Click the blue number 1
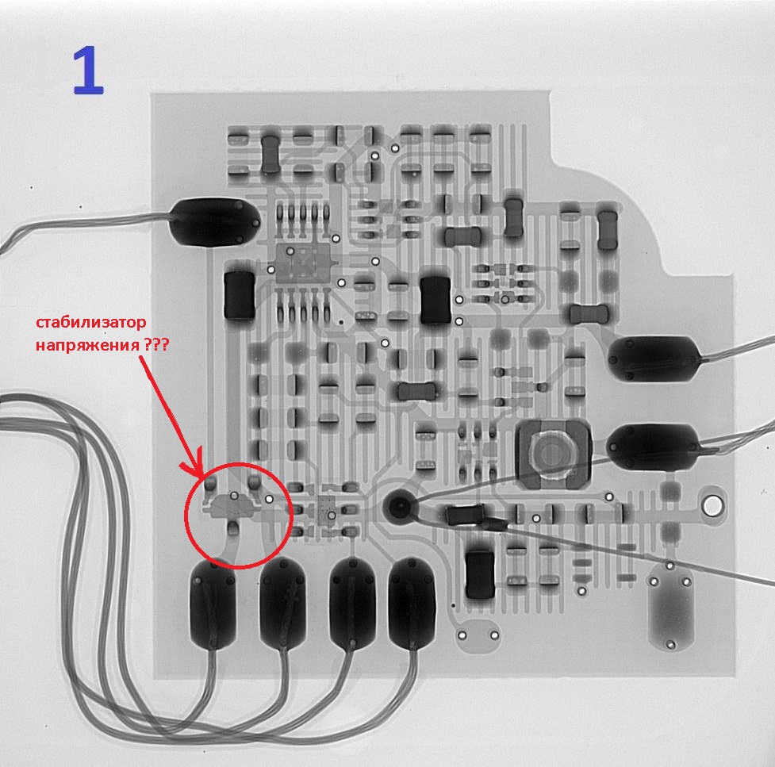pyautogui.click(x=87, y=71)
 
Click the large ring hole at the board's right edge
pyautogui.click(x=713, y=505)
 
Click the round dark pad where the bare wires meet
pyautogui.click(x=397, y=506)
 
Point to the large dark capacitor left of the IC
pyautogui.click(x=240, y=295)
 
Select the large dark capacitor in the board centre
pyautogui.click(x=435, y=300)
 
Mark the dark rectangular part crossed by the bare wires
pyautogui.click(x=464, y=516)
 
